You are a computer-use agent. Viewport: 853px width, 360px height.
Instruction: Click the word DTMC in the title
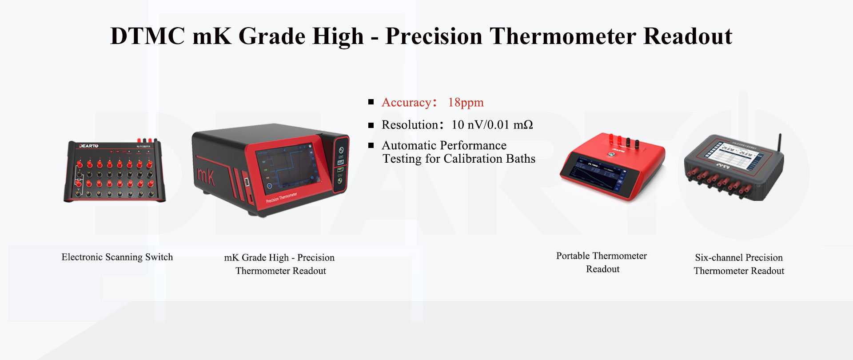click(x=147, y=36)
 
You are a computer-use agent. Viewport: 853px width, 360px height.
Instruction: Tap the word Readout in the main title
click(x=688, y=36)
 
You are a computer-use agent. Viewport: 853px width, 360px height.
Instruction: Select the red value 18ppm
click(x=466, y=103)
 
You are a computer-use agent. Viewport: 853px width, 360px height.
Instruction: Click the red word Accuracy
click(x=406, y=103)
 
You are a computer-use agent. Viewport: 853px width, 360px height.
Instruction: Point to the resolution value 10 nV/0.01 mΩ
click(x=492, y=125)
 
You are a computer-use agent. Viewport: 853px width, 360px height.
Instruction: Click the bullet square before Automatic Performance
click(x=371, y=145)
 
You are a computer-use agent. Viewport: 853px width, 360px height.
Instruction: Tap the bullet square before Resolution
click(x=371, y=125)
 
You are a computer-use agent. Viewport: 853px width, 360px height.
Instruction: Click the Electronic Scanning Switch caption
click(x=117, y=257)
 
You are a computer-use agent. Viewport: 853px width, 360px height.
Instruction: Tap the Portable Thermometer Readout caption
click(x=602, y=262)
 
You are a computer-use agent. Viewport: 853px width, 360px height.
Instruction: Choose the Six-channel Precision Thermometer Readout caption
click(x=739, y=264)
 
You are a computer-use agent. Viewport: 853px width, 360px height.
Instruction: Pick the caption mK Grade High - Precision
click(x=279, y=258)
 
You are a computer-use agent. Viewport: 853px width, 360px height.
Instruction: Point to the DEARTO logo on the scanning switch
click(x=89, y=146)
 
